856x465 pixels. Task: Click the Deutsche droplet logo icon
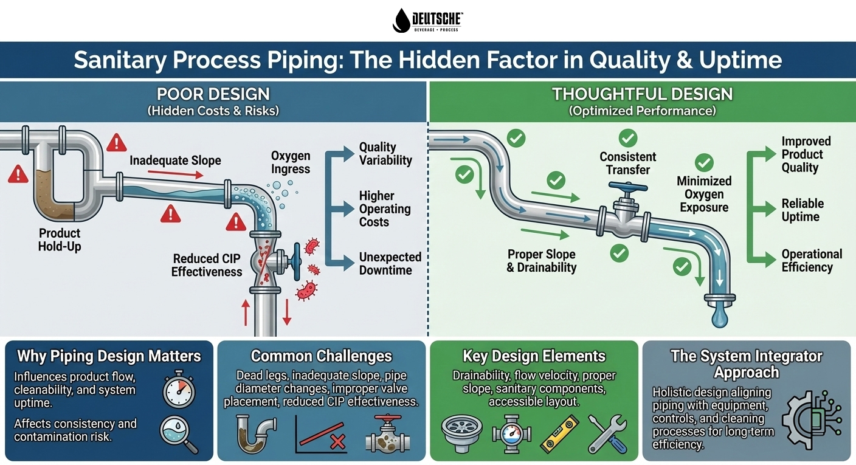[x=401, y=20]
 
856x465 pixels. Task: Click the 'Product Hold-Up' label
[x=60, y=240]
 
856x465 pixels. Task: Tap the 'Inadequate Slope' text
[x=175, y=160]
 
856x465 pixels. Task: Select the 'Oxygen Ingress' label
[x=291, y=162]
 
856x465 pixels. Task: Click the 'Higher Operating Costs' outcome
[x=384, y=208]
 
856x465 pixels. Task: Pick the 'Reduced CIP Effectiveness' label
[x=207, y=265]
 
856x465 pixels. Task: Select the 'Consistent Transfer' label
[x=628, y=163]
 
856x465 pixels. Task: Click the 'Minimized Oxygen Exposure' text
[x=704, y=194]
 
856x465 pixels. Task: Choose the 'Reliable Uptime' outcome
[x=802, y=210]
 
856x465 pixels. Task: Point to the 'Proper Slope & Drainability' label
[x=542, y=260]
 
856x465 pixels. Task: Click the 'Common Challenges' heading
[x=322, y=356]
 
